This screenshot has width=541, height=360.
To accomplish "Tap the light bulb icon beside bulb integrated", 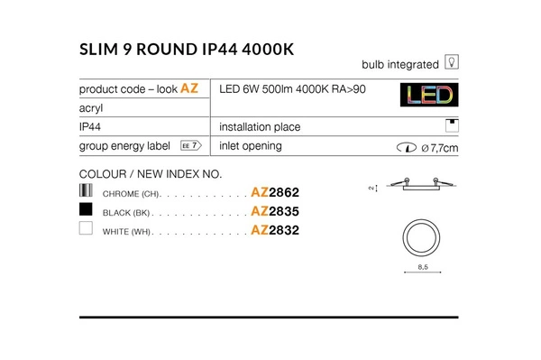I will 452,63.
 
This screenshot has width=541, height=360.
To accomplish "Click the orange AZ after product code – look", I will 189,88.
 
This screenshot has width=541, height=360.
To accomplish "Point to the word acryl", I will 92,107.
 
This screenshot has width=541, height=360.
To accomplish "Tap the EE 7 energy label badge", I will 189,146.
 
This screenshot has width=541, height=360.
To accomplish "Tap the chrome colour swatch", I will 87,190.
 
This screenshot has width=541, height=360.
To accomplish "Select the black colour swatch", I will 87,209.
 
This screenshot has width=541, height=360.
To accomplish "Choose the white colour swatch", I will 87,229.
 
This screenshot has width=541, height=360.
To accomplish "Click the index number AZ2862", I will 274,192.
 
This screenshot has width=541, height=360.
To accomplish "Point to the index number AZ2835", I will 274,211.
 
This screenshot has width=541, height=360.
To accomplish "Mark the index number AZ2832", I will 274,231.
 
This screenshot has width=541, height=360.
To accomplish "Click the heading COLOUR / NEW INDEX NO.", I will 151,173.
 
